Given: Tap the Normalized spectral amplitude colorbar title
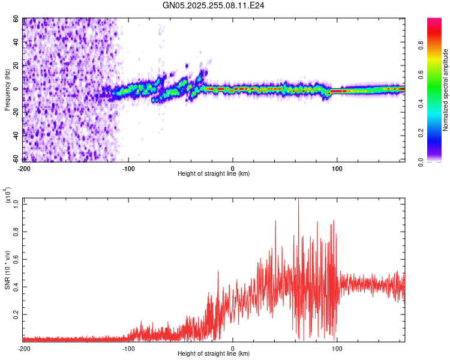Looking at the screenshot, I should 446,90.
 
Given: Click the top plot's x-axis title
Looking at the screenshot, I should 214,173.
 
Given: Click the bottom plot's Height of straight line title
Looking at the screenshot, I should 214,353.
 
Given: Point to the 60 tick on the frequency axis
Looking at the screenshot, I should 17,19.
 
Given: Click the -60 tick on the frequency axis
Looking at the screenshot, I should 16,159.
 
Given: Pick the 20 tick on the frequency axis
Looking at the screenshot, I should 17,65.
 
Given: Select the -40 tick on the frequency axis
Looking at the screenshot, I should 16,136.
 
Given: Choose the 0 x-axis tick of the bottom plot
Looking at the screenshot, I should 233,348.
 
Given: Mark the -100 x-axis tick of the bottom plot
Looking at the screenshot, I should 128,348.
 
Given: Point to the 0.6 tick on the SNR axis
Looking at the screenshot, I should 17,260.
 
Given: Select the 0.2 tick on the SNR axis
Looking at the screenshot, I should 17,314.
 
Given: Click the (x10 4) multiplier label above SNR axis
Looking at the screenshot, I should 8,196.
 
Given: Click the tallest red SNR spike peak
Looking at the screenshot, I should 298,200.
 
